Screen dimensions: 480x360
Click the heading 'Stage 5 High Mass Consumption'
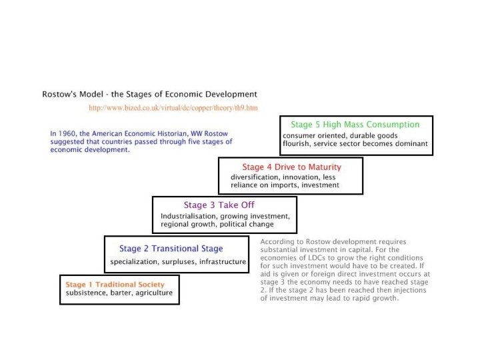coord(355,124)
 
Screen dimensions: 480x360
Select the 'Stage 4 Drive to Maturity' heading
coord(291,167)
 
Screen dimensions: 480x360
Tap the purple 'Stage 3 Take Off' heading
coord(219,205)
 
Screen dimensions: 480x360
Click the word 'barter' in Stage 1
coord(119,293)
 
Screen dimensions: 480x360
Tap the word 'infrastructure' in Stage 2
coord(222,261)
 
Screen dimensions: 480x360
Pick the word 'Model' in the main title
coord(87,94)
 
